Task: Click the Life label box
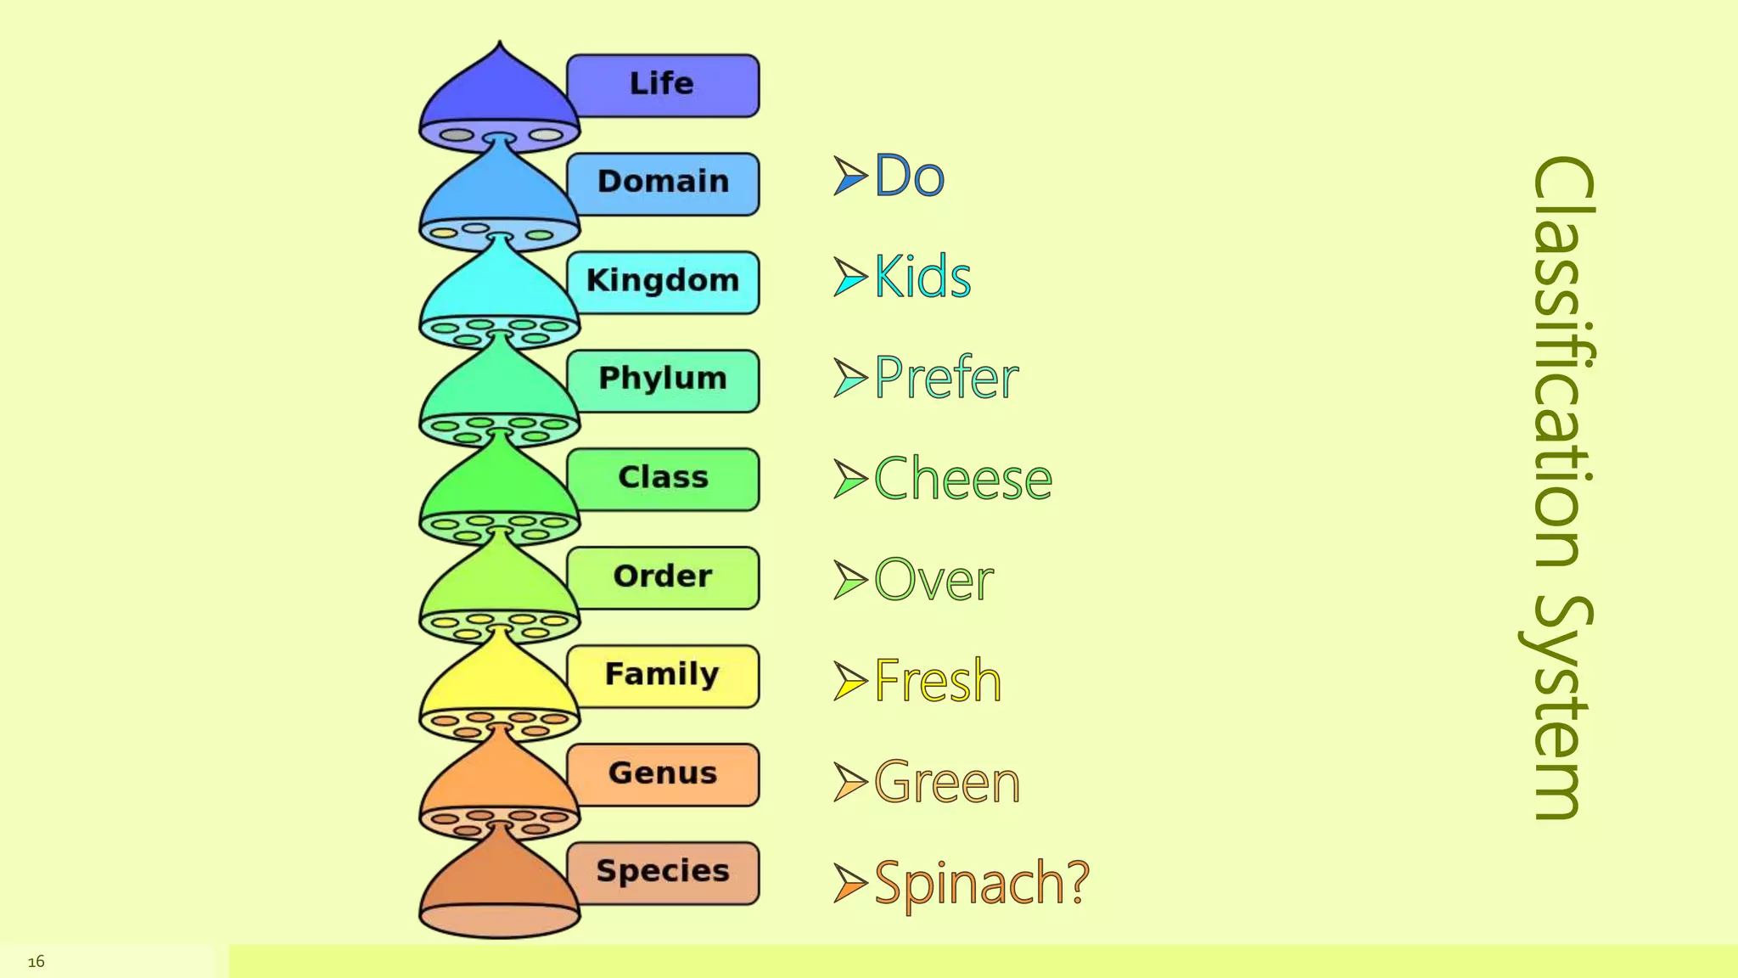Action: [663, 85]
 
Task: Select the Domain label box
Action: [663, 183]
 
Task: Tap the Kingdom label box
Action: [663, 282]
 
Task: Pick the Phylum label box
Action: [663, 380]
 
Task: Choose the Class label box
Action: [663, 479]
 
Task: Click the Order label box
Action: [663, 577]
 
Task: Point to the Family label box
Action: [663, 676]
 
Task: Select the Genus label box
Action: [663, 774]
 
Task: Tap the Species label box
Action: [663, 873]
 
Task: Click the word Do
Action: [909, 176]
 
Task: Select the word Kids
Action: [922, 277]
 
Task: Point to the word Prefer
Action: [946, 378]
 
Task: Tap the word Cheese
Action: [963, 479]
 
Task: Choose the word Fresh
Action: [938, 681]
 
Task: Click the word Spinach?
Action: [982, 883]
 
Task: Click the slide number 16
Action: [36, 961]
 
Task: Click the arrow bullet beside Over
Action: [849, 580]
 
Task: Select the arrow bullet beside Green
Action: [849, 782]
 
